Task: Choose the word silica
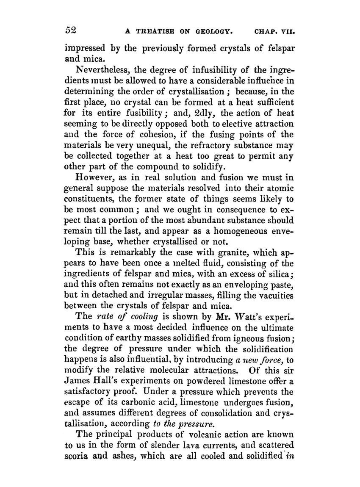point(280,275)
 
